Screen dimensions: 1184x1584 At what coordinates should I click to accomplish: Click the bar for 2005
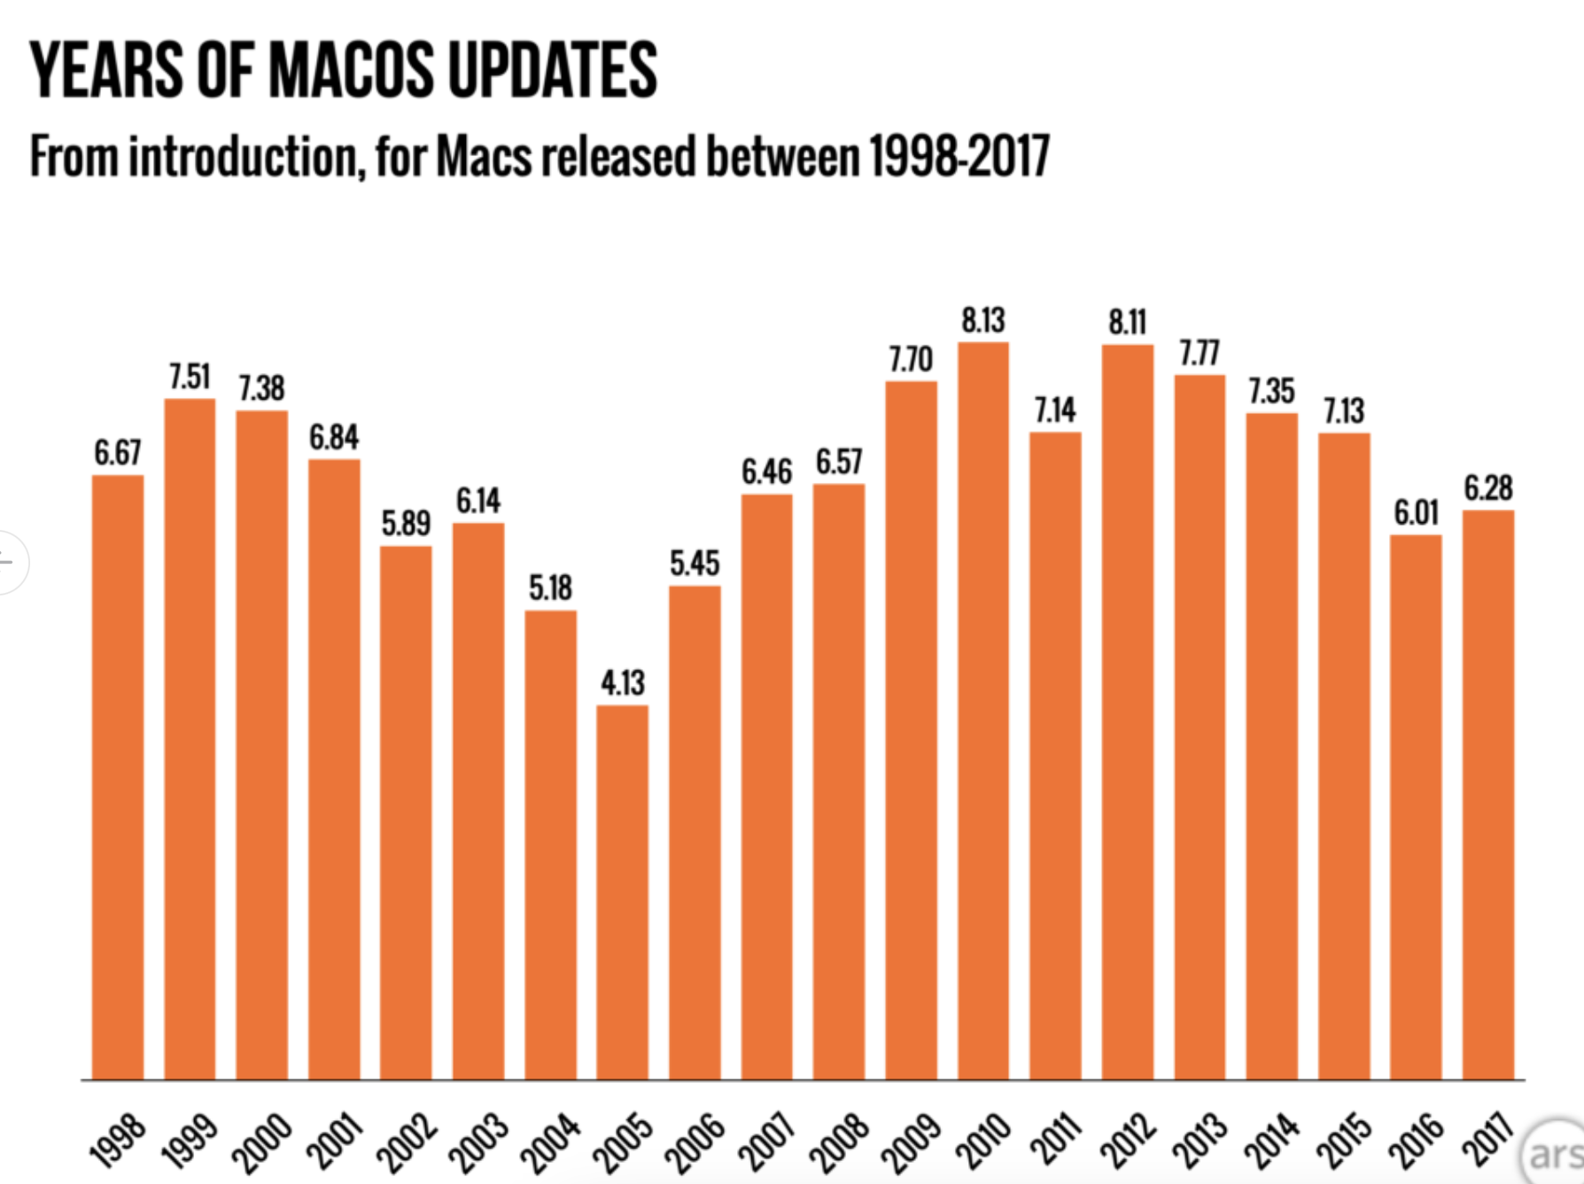click(623, 891)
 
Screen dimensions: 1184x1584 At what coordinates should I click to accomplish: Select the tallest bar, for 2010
click(983, 709)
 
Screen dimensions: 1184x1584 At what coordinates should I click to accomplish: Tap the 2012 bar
click(1128, 709)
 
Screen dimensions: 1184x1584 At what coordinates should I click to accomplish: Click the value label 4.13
click(623, 682)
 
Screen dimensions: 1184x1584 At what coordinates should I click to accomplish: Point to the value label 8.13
click(983, 320)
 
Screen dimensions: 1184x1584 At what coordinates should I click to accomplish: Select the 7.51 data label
click(190, 377)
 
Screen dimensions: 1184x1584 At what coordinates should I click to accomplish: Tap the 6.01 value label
click(1416, 512)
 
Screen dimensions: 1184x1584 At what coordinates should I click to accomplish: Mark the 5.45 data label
click(695, 563)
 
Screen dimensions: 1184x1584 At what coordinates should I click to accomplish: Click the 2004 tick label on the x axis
click(549, 1142)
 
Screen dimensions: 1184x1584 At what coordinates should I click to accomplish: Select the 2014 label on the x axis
click(1270, 1142)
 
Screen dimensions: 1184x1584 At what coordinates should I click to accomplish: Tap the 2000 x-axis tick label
click(261, 1142)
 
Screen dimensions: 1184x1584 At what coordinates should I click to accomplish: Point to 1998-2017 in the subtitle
click(959, 157)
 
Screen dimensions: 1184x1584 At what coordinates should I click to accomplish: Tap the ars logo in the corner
click(1555, 1154)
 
